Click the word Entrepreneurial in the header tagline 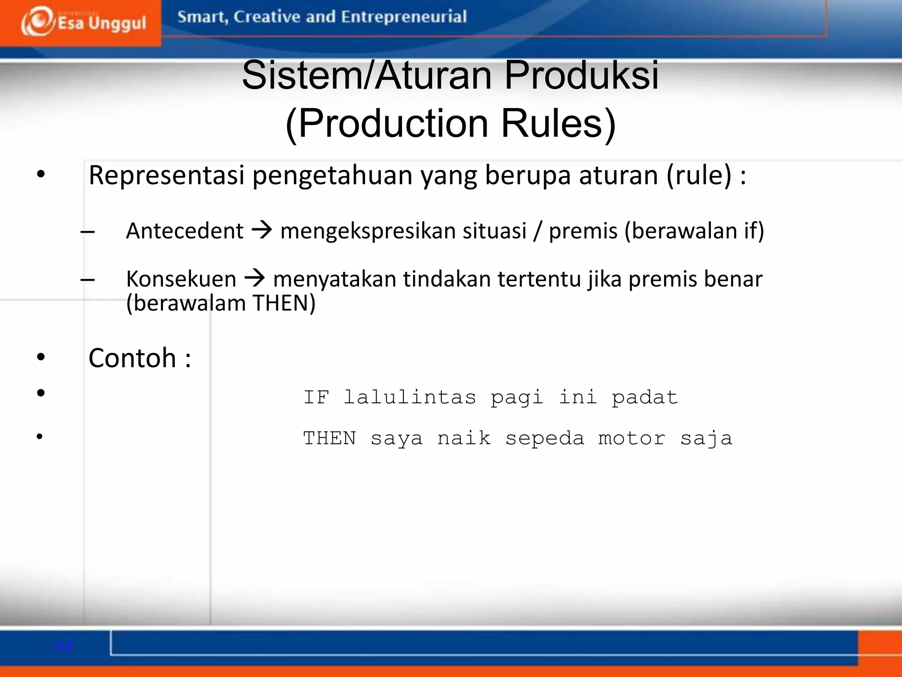tap(403, 17)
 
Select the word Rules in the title tap(558, 123)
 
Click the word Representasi tap(166, 175)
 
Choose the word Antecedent tap(185, 231)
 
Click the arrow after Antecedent tap(262, 230)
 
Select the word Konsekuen tap(181, 279)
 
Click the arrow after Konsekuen tap(255, 278)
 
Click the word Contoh tap(132, 357)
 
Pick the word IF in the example tap(316, 398)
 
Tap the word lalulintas tap(410, 398)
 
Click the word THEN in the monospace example tap(329, 439)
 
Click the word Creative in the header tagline tap(266, 17)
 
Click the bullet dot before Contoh tap(41, 357)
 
